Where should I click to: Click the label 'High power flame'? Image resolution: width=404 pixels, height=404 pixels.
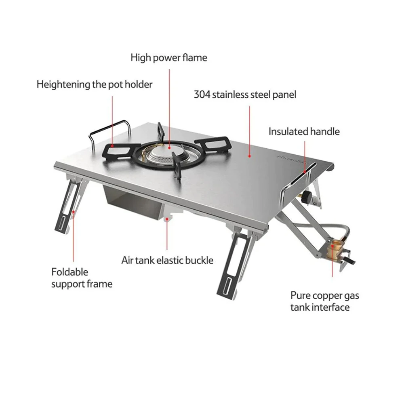[168, 58]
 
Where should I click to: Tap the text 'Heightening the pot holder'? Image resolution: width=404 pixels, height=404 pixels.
[95, 84]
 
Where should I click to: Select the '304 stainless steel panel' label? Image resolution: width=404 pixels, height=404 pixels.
[245, 95]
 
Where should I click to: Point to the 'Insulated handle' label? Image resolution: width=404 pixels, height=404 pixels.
[304, 131]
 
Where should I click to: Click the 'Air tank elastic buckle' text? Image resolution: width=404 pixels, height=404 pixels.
[167, 260]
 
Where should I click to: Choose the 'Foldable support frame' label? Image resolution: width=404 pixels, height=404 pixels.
[82, 278]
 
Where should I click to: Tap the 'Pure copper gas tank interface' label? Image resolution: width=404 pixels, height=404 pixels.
[324, 301]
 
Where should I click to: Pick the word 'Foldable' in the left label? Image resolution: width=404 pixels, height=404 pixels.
[69, 272]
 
